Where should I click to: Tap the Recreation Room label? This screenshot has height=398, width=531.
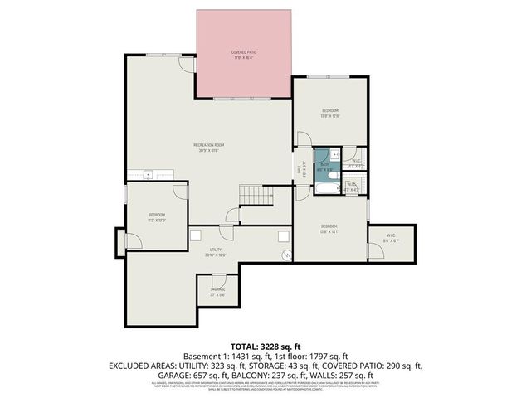(209, 148)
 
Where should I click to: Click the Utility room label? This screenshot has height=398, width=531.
(216, 252)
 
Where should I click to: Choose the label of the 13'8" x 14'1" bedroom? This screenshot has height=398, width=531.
(329, 228)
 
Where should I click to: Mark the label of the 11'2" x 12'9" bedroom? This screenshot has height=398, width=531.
(157, 217)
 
